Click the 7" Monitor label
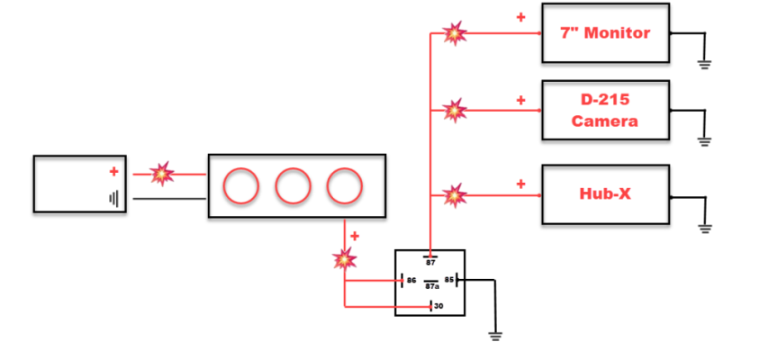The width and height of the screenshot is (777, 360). (x=605, y=33)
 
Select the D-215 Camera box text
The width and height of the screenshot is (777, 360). (x=604, y=111)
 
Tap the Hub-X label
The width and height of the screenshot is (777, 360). (x=605, y=193)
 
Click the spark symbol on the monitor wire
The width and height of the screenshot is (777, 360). (x=455, y=33)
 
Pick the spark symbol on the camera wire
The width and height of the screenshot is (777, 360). (x=455, y=111)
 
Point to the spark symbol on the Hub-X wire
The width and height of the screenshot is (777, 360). (x=455, y=195)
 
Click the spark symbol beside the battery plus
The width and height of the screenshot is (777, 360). (x=162, y=174)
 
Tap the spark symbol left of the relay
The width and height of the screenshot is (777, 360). (x=345, y=258)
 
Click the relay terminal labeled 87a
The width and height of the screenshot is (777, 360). (x=431, y=285)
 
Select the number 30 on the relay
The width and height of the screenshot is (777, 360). (x=438, y=306)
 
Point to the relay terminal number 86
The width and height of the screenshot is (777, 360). (x=411, y=280)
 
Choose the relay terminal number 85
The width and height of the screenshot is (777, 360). (x=449, y=280)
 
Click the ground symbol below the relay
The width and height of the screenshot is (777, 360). (x=494, y=337)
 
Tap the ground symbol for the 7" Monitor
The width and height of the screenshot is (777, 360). (x=704, y=65)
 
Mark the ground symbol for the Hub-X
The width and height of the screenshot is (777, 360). (x=705, y=229)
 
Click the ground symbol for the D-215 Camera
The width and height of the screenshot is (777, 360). (x=704, y=142)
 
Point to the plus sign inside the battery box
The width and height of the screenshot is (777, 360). (x=114, y=172)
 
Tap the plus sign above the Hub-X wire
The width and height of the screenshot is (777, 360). (x=520, y=184)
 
